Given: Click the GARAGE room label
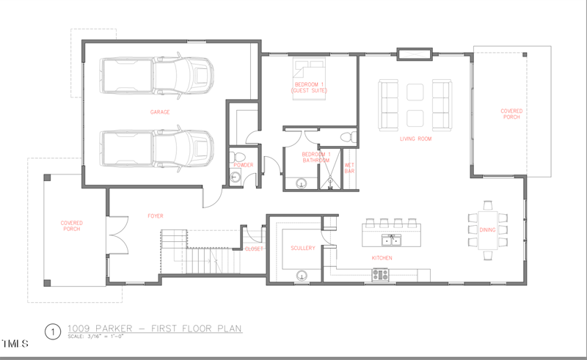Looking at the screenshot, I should pyautogui.click(x=160, y=112).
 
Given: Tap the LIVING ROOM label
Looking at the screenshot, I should pyautogui.click(x=415, y=138).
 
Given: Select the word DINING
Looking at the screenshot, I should pyautogui.click(x=488, y=229).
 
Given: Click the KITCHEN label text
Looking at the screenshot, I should pyautogui.click(x=382, y=258).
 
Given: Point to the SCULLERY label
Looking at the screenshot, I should pyautogui.click(x=302, y=249).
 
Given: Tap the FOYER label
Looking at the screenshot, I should pyautogui.click(x=154, y=216).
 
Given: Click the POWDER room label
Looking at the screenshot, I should pyautogui.click(x=244, y=165).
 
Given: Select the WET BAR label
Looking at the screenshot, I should pyautogui.click(x=349, y=168).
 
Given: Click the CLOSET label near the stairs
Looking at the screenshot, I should pyautogui.click(x=254, y=249).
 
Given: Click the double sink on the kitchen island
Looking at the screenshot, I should pyautogui.click(x=390, y=240).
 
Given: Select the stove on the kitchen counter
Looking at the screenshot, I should pyautogui.click(x=381, y=275).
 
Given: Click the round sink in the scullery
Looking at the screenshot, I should pyautogui.click(x=302, y=276).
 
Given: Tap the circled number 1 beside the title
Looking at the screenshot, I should pyautogui.click(x=52, y=331).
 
